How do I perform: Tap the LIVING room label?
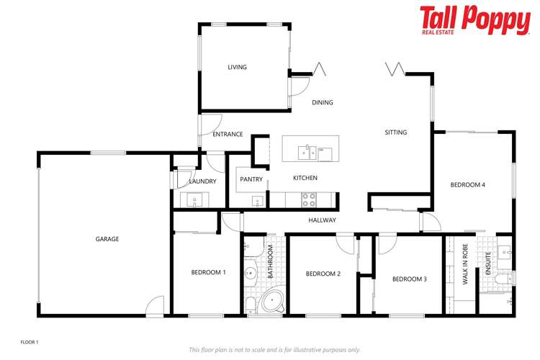[x=237, y=67]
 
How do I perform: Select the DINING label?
[x=323, y=102]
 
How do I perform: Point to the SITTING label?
[x=396, y=132]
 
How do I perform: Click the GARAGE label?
[x=107, y=239]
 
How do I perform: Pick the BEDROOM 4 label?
[x=468, y=185]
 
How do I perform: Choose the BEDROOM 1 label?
[x=209, y=272]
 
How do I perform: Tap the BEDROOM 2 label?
[x=323, y=274]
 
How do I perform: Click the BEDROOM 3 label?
[x=410, y=279]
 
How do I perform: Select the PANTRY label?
[x=251, y=179]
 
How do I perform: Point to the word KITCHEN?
[x=305, y=178]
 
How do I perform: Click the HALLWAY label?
[x=323, y=220]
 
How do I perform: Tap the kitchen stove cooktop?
[x=309, y=197]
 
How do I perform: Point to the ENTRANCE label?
[x=228, y=134]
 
